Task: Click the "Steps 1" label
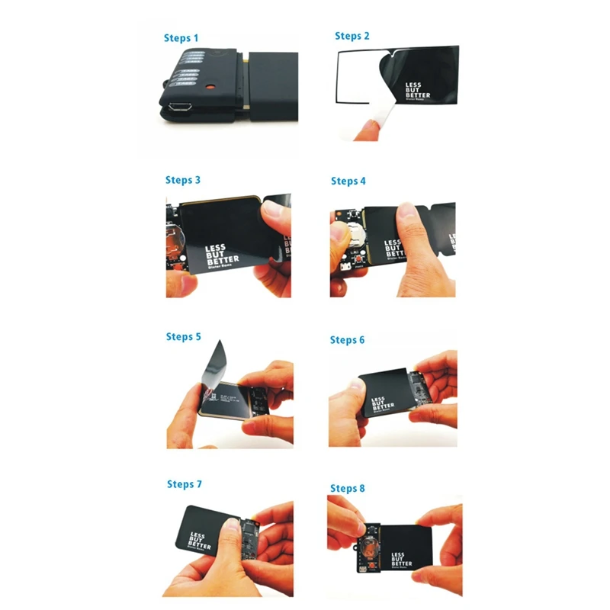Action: click(x=181, y=37)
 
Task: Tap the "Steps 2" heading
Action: click(x=352, y=36)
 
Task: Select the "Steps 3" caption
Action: click(x=183, y=180)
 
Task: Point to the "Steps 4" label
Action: click(x=348, y=181)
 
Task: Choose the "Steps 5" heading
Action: click(x=184, y=336)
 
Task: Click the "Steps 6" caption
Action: click(x=348, y=339)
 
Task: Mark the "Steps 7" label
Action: click(x=185, y=484)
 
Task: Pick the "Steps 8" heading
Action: click(x=348, y=488)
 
